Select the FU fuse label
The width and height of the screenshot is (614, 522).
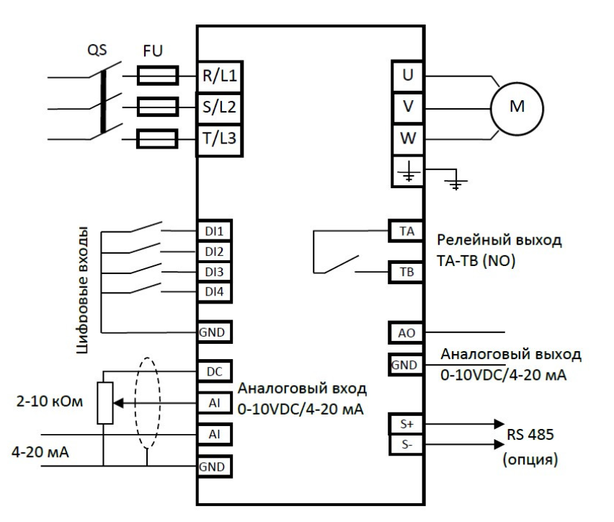click(x=151, y=53)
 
